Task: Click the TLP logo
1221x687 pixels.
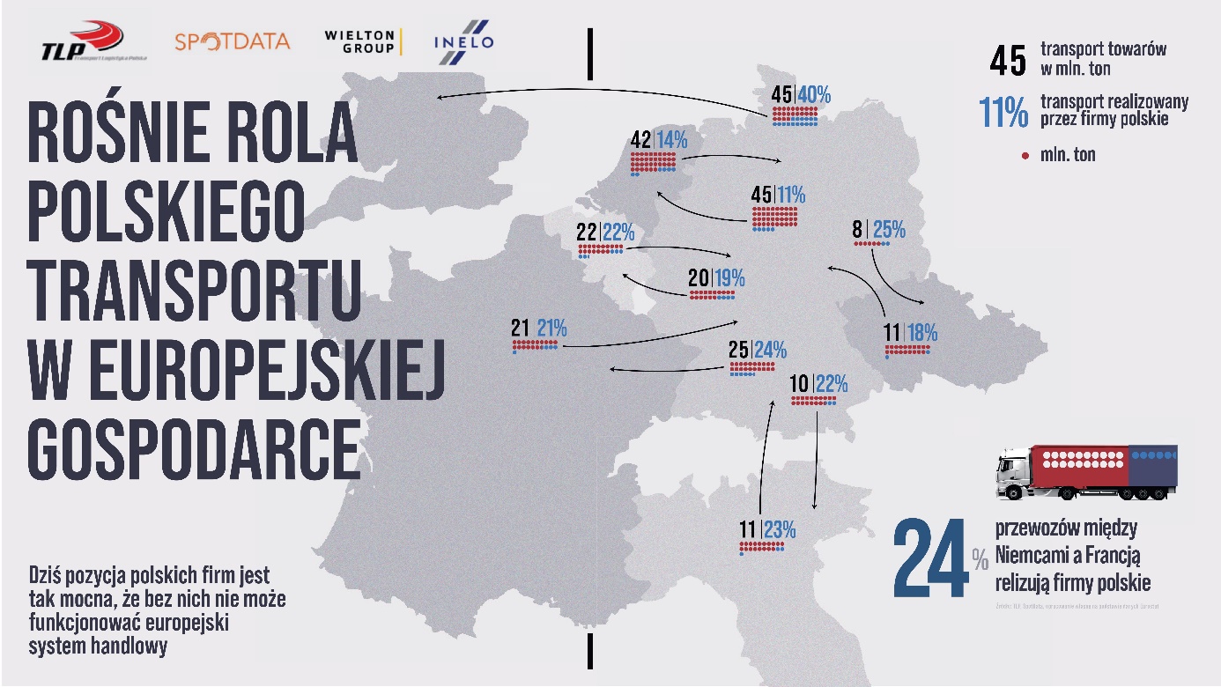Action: [83, 42]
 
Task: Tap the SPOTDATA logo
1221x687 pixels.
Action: [232, 41]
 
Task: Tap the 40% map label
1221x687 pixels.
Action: [814, 95]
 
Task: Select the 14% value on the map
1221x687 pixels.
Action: [670, 141]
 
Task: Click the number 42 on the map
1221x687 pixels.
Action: [640, 141]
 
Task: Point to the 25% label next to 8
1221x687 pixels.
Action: [889, 231]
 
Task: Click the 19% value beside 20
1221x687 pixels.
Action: [729, 279]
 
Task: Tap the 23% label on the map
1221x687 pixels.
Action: [780, 529]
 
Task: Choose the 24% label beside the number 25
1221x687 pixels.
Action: [770, 350]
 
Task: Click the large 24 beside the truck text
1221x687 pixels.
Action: [930, 560]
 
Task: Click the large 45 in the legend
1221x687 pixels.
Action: [1008, 60]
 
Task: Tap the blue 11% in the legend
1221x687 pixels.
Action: [1003, 113]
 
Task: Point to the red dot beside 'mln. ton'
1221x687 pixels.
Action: [1025, 156]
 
